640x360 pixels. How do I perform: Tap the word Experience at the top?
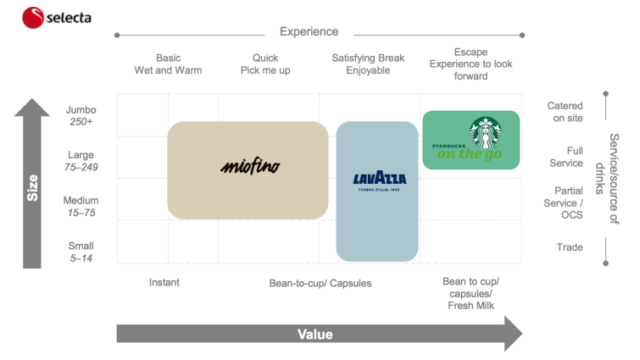pos(309,32)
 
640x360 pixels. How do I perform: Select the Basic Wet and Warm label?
pos(168,64)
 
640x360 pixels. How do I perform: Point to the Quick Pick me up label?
pos(264,64)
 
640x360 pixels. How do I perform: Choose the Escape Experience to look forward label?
pos(470,64)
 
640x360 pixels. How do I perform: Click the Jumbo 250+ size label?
pos(81,116)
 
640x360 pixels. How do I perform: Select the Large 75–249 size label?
pos(81,161)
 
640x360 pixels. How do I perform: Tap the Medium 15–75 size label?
pos(81,207)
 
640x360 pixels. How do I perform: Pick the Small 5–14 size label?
pos(81,252)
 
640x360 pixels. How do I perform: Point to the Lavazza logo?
pos(378,180)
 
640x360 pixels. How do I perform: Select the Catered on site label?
pos(565,112)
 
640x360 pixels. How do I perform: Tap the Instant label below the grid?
pos(164,282)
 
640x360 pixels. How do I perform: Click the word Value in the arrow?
pos(314,335)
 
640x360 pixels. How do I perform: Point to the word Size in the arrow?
pos(32,187)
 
